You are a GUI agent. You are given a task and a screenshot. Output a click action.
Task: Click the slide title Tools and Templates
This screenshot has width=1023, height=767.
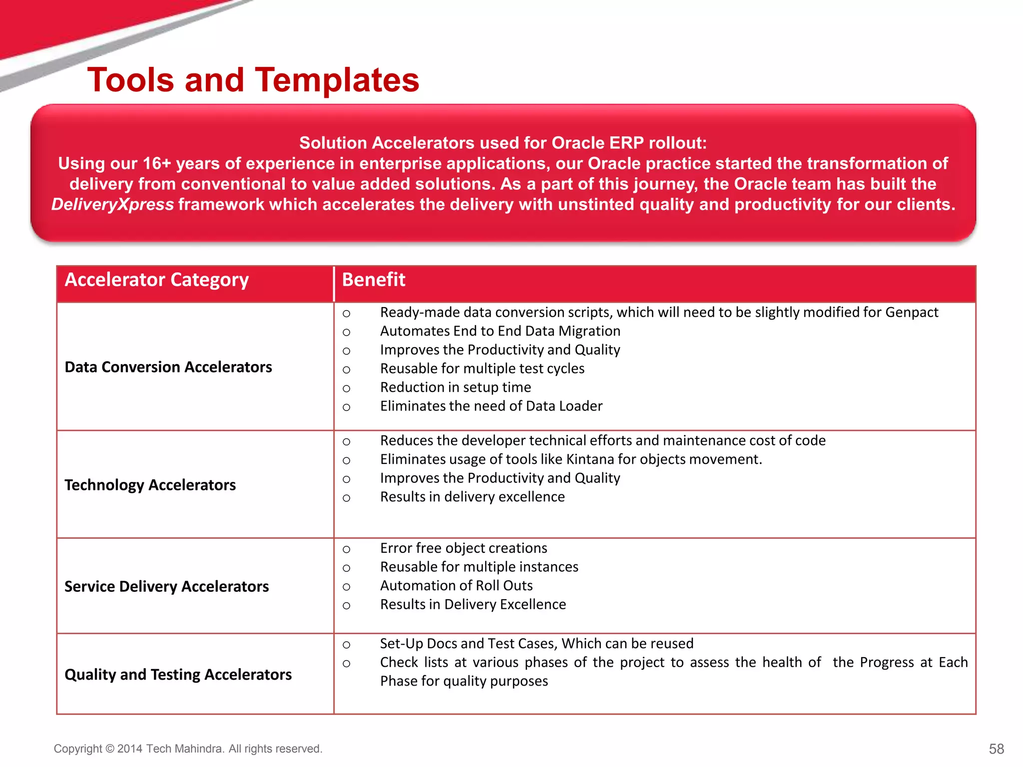pos(253,80)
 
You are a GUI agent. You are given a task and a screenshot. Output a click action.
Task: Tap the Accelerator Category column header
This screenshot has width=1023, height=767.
pos(156,280)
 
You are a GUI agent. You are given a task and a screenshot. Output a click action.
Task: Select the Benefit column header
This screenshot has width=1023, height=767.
pos(373,280)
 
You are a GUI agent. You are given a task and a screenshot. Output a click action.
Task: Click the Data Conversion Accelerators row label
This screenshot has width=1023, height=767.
pos(168,367)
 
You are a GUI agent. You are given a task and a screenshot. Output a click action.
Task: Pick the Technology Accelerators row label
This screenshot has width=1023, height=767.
pos(150,485)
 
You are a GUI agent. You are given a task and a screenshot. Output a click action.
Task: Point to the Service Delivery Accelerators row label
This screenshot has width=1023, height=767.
pos(166,586)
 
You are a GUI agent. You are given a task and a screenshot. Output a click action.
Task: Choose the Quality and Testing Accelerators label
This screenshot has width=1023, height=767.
pos(178,675)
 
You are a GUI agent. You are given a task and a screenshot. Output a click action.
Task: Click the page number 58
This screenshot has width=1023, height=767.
pos(996,749)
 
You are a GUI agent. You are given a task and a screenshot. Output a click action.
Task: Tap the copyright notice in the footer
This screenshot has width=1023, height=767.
pos(188,749)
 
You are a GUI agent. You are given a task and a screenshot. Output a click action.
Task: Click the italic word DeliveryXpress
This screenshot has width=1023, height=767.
pos(112,205)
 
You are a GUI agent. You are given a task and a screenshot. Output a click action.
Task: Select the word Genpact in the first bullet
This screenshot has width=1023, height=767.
pos(912,313)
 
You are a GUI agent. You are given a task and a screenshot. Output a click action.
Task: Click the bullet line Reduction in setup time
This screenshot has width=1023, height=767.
pos(455,387)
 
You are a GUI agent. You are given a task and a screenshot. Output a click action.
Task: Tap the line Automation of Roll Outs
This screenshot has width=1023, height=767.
pos(456,586)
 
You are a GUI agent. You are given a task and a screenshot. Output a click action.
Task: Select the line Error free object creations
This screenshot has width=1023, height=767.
pos(463,548)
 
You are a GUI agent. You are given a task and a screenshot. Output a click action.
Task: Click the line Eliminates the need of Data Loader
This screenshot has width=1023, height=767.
pos(491,406)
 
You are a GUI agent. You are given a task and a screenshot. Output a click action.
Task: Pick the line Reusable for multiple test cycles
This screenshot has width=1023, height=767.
pos(482,369)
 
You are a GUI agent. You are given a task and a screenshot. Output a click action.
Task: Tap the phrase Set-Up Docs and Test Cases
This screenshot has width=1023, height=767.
pos(468,644)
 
